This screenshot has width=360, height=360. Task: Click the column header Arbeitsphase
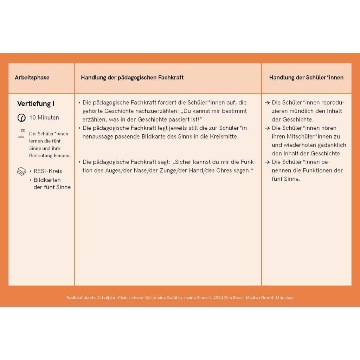[32, 77]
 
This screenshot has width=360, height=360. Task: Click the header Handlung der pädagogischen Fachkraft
[132, 77]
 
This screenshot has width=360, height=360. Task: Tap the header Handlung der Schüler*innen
[306, 77]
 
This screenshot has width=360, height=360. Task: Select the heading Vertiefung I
[36, 104]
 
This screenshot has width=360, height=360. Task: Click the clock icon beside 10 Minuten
[21, 118]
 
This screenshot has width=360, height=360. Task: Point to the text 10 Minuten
[44, 117]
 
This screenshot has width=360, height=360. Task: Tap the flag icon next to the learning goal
[21, 133]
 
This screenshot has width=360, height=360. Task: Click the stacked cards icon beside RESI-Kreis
[21, 172]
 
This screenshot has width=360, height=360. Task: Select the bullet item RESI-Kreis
[48, 171]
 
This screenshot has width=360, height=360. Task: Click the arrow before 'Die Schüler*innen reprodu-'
[268, 103]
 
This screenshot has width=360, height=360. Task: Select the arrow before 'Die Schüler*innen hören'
[268, 128]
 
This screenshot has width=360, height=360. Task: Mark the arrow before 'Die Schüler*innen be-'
[268, 162]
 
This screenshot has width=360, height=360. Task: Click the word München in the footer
[285, 297]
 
